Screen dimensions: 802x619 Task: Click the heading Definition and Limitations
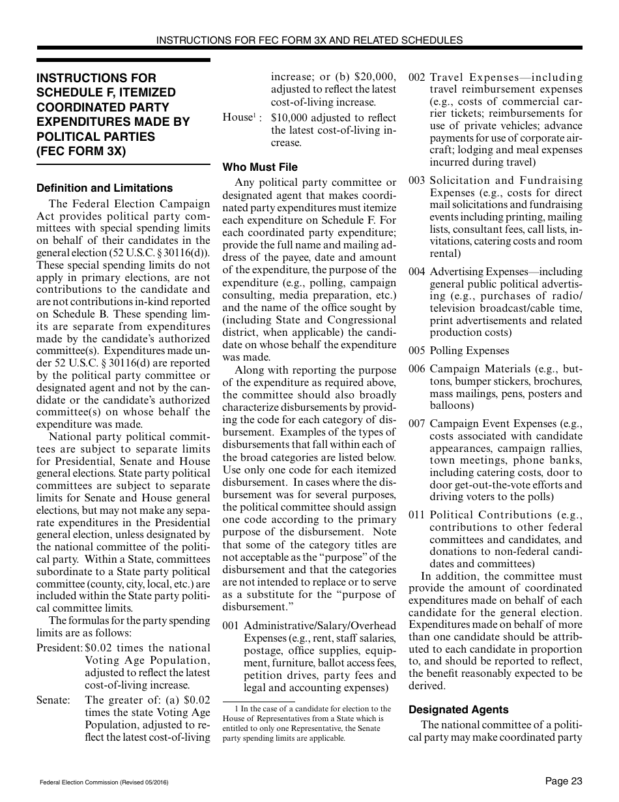[x=104, y=188]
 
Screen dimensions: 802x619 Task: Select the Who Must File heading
[x=260, y=167]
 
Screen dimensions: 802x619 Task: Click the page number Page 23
[x=564, y=781]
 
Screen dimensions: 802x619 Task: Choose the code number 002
[x=417, y=78]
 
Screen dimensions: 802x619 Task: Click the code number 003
[x=417, y=181]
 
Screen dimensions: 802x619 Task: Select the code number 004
[x=417, y=272]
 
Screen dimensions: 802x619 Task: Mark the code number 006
[x=417, y=369]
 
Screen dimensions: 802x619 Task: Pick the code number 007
[x=417, y=424]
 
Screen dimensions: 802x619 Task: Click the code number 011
[x=417, y=515]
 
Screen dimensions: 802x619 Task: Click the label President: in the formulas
[x=59, y=648]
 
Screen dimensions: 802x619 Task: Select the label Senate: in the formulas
[x=53, y=700]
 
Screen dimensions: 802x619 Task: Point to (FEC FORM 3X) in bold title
[x=81, y=151]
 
